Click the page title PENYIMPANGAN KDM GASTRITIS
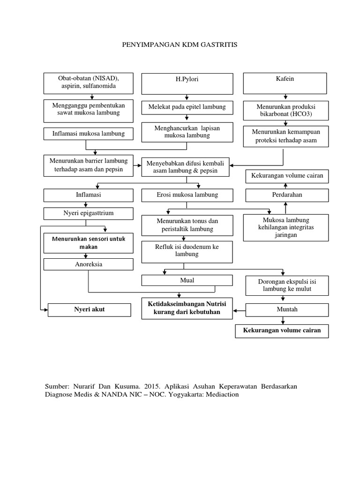(x=180, y=45)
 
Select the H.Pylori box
(x=187, y=84)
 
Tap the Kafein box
(x=285, y=83)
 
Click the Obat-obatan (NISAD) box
(x=89, y=83)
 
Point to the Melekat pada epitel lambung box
(x=187, y=108)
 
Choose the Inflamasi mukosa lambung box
(x=89, y=134)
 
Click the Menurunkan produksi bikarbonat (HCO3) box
(x=286, y=111)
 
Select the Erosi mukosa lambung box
(x=187, y=195)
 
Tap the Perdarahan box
(x=287, y=195)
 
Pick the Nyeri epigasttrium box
(x=89, y=214)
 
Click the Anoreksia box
(x=89, y=264)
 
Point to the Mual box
(x=187, y=280)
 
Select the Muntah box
(x=287, y=310)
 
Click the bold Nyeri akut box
(x=90, y=310)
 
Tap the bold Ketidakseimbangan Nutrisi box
(x=187, y=308)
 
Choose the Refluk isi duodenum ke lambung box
(x=187, y=252)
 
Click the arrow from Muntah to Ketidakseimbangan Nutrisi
(x=239, y=311)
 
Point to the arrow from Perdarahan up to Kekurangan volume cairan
(x=285, y=186)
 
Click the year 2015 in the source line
(x=152, y=387)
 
